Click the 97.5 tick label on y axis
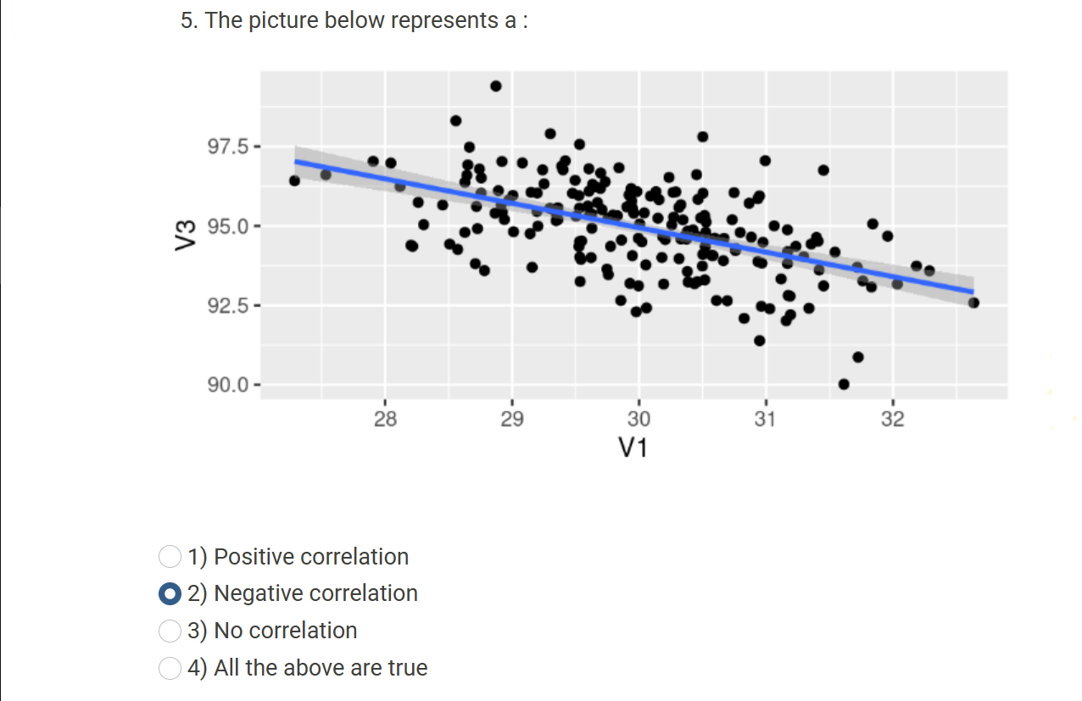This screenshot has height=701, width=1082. pyautogui.click(x=229, y=146)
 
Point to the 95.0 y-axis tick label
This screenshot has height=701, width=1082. pyautogui.click(x=229, y=226)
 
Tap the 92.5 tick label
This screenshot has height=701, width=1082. pyautogui.click(x=229, y=305)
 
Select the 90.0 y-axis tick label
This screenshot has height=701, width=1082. pyautogui.click(x=229, y=385)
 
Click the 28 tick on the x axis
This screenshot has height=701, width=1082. pyautogui.click(x=385, y=418)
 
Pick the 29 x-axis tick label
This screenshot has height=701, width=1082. pyautogui.click(x=512, y=418)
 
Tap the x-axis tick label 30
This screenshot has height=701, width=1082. pyautogui.click(x=639, y=418)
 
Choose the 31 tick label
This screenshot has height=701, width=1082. pyautogui.click(x=766, y=418)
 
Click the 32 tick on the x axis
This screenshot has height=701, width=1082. pyautogui.click(x=893, y=418)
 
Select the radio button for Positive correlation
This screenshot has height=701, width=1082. pyautogui.click(x=170, y=557)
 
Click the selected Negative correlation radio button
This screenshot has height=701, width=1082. pyautogui.click(x=170, y=593)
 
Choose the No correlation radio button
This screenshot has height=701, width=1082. pyautogui.click(x=170, y=631)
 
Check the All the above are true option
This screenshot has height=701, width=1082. pyautogui.click(x=170, y=668)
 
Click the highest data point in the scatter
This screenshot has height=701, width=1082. pyautogui.click(x=496, y=86)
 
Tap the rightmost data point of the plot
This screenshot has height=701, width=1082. pyautogui.click(x=973, y=303)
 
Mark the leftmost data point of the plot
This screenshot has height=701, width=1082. pyautogui.click(x=294, y=181)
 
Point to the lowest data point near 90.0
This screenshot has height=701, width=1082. pyautogui.click(x=844, y=384)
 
